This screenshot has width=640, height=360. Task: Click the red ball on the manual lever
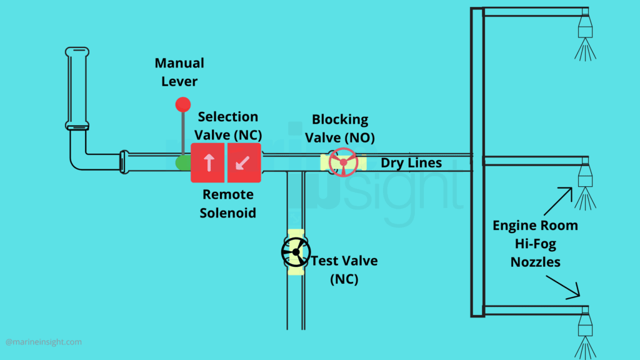(183, 104)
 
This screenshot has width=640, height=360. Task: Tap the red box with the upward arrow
(207, 162)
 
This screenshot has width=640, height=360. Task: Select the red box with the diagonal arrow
(244, 162)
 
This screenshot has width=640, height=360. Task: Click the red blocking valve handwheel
(343, 162)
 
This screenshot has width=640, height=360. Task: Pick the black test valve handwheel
(296, 252)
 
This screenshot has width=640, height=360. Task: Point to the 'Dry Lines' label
(411, 163)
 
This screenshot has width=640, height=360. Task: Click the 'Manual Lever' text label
(179, 72)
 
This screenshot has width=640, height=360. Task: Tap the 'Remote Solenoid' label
(227, 203)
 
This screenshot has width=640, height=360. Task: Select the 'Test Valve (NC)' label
(344, 270)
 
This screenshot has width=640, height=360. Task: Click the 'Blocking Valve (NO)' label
(340, 128)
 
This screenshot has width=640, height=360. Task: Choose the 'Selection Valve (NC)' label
(227, 126)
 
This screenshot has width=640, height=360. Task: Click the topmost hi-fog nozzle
(585, 35)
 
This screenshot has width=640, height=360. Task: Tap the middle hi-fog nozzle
(585, 184)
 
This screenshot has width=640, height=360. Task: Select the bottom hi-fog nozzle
(585, 333)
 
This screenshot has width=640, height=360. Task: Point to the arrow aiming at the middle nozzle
(558, 201)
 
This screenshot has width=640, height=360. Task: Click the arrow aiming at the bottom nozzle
(563, 287)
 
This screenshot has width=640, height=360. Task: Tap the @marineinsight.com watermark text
(44, 342)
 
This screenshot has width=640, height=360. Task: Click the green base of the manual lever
(183, 162)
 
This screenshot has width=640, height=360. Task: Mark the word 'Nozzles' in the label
(535, 262)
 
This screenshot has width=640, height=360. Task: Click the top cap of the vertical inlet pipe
(77, 51)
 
